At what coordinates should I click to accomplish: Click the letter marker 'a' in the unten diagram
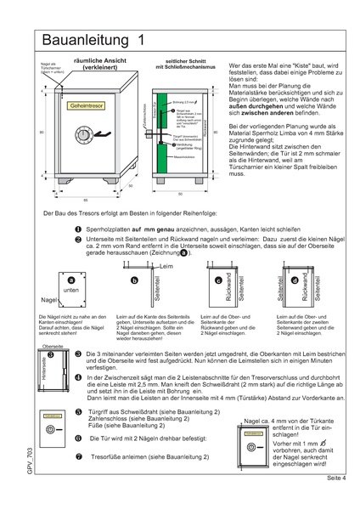pos(71,280)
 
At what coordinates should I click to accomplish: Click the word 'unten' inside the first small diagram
pos(71,290)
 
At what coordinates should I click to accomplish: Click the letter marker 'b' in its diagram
pos(134,280)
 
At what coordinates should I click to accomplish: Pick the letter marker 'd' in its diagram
pos(295,280)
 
